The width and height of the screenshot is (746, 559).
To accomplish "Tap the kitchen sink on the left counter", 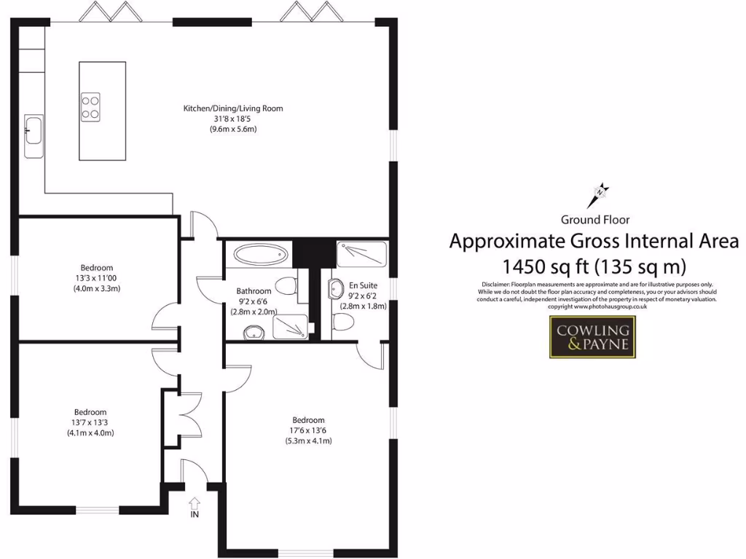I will pos(34,135).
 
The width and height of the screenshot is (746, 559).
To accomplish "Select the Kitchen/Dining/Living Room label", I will pos(232,108).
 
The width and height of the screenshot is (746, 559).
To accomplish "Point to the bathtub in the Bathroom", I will pos(262,256).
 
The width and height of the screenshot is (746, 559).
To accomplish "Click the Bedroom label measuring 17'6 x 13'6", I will pos(308,420).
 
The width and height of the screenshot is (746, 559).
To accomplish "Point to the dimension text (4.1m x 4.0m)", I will pos(90,433).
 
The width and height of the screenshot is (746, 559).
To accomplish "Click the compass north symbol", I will pos(600,194).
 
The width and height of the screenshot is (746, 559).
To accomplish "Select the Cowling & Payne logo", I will pos(592,337).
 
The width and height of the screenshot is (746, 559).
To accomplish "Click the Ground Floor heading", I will pos(595,219).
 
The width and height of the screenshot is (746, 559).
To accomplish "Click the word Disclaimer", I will pos(498,284).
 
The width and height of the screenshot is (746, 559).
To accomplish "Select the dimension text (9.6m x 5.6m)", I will pos(232,129).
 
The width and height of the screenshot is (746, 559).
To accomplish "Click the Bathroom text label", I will pos(254,291).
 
